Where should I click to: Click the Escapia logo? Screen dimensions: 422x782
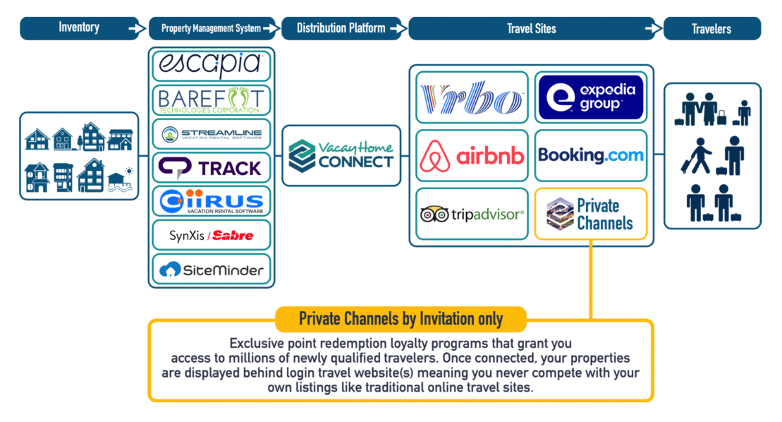point(211,64)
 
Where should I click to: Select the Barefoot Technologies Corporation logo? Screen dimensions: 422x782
point(211,100)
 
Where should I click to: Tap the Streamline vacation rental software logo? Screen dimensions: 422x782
point(211,134)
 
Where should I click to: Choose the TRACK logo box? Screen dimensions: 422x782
point(211,168)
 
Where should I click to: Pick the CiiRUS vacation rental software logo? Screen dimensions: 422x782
point(211,202)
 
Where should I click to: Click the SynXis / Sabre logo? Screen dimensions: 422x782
point(211,236)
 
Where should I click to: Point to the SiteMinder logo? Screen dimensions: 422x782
point(211,269)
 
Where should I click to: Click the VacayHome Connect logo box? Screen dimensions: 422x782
point(341,155)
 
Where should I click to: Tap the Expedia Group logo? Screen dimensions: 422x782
point(591,97)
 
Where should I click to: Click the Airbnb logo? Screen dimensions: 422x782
point(472,156)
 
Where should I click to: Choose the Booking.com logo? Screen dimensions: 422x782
point(591,155)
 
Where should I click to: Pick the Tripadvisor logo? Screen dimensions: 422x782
point(472,214)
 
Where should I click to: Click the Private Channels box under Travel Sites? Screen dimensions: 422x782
point(591,214)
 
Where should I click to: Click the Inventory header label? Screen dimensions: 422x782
point(79,28)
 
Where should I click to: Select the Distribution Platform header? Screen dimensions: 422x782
point(341,28)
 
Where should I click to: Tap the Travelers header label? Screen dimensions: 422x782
point(711,29)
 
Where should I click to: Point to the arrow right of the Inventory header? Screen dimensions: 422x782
point(134,29)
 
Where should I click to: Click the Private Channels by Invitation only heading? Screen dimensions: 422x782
point(401,319)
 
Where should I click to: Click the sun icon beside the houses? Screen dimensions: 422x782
point(128,171)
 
